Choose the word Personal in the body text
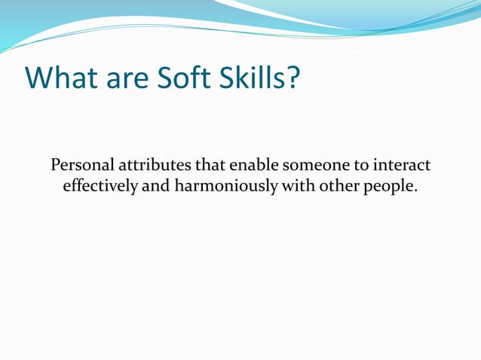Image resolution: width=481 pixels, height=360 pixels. pos(78,165)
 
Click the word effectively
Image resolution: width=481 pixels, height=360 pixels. pos(100,185)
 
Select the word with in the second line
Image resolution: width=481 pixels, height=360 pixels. pos(296,185)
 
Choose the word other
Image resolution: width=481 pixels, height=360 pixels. pos(336,185)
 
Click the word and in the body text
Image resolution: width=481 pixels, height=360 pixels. pos(156,185)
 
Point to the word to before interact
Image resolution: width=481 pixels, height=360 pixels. pos(355,165)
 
